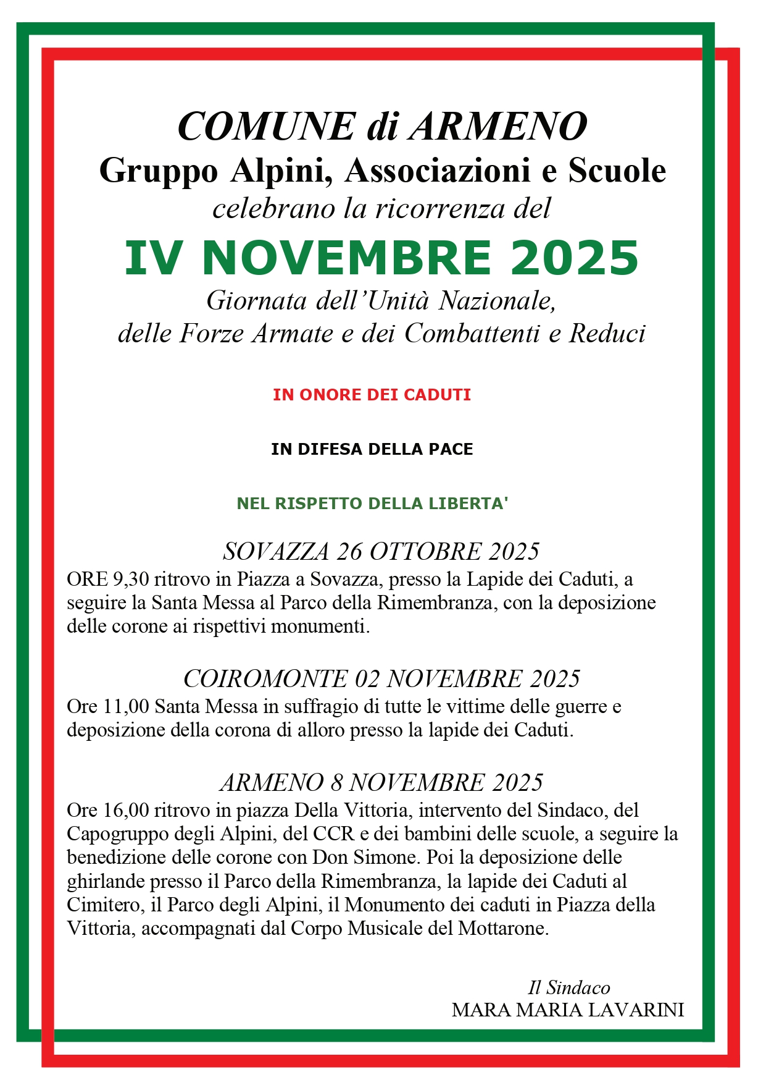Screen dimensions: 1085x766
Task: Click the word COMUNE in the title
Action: pyautogui.click(x=266, y=127)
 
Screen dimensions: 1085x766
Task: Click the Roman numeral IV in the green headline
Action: pyautogui.click(x=153, y=258)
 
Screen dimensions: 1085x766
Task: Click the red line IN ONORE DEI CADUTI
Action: pyautogui.click(x=372, y=395)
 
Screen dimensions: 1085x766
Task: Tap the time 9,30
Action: pyautogui.click(x=130, y=580)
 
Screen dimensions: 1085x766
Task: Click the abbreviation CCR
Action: pyautogui.click(x=333, y=834)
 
